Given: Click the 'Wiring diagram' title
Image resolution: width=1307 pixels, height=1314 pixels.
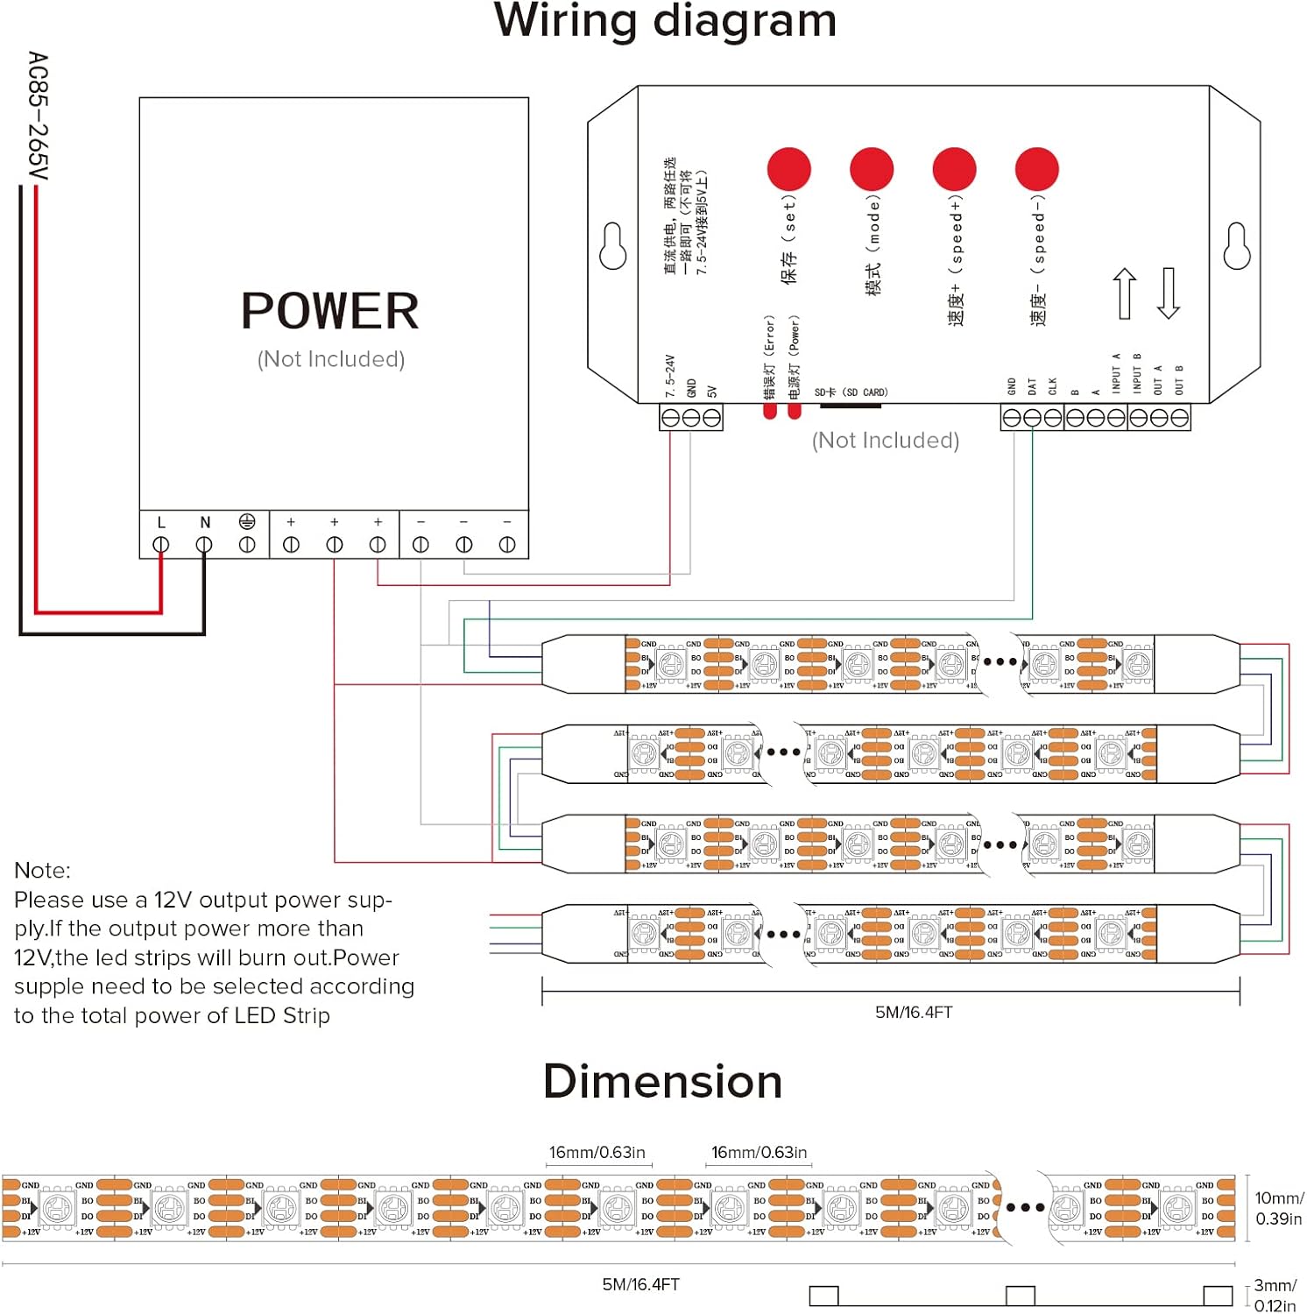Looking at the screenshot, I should point(665,21).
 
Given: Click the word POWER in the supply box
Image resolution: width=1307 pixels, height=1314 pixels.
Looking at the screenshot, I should point(330,311).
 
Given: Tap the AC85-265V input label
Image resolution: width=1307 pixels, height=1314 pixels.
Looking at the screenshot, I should point(38,116).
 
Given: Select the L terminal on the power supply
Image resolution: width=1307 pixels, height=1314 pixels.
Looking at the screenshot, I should point(161,544).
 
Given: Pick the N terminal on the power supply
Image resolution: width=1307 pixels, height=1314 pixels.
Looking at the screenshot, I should point(204,544).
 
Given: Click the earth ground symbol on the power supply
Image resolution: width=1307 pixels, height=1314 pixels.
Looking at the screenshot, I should point(247,522).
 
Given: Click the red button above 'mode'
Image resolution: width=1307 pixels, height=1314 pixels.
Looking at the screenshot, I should point(871,169).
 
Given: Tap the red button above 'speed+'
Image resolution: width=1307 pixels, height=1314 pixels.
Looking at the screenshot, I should point(954,169).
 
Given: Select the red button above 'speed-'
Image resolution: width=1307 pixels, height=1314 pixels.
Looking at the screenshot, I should point(1036,169).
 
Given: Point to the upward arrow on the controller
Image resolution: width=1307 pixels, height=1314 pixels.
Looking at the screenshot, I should point(1125,293).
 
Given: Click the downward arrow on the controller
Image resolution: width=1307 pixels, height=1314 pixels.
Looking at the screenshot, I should point(1168,293).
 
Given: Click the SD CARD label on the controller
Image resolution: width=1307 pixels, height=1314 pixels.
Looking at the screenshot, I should point(851,392).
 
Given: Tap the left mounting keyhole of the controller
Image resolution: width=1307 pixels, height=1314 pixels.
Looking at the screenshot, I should point(612,246).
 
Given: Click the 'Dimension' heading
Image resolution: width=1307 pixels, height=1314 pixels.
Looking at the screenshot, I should point(662,1081).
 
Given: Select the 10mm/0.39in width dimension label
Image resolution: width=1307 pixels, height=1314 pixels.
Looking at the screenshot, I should point(1278,1208).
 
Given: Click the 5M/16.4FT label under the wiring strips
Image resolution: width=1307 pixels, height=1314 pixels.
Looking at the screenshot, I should point(914,1012).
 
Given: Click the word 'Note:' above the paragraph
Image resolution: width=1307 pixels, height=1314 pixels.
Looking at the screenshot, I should point(42,870).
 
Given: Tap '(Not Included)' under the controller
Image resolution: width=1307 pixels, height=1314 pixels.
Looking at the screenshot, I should point(886,440).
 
